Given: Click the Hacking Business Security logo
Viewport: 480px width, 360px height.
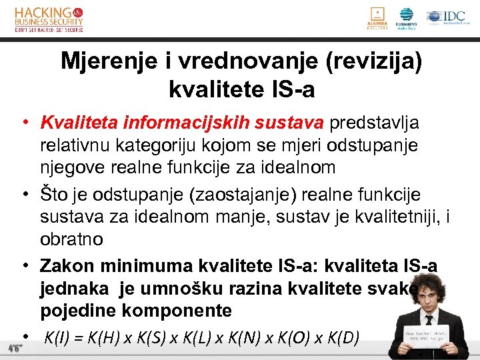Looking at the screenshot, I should click(x=49, y=19).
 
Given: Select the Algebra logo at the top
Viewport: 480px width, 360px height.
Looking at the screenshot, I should click(x=377, y=18).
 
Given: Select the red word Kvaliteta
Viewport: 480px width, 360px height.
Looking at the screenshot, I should click(x=75, y=123).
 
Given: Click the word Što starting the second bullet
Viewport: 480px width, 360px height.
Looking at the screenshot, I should click(x=53, y=194).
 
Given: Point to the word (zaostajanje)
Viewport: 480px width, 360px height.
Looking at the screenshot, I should click(x=231, y=194).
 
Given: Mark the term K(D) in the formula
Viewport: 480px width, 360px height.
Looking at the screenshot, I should click(x=344, y=338).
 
